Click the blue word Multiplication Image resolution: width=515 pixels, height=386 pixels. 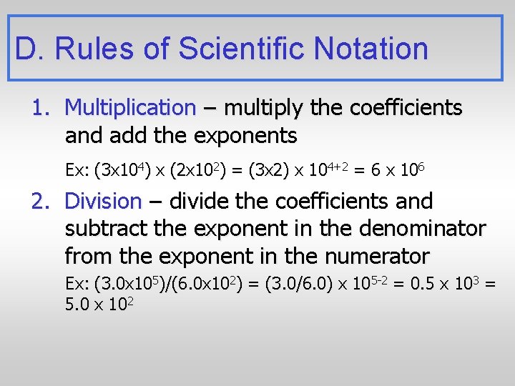click(x=129, y=108)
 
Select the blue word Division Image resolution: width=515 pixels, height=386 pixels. click(x=103, y=202)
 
